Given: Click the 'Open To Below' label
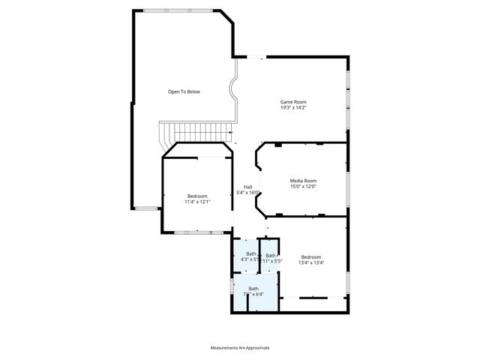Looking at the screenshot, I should (x=184, y=91).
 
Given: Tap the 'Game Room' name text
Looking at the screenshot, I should (x=293, y=102).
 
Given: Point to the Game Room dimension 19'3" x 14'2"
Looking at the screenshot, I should (x=293, y=108).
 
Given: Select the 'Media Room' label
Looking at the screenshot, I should (x=303, y=181).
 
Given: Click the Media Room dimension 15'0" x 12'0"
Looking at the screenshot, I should (x=303, y=187).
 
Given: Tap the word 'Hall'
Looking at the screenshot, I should (x=247, y=187).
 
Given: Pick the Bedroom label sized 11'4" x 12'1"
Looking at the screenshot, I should (x=197, y=196).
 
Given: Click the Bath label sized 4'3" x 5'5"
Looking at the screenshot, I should (x=251, y=253).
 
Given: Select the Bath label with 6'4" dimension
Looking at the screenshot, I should (x=253, y=289).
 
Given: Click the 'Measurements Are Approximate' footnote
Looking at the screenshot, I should (x=240, y=347).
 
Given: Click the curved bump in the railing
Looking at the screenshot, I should (x=235, y=91).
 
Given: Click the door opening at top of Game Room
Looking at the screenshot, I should (x=255, y=55).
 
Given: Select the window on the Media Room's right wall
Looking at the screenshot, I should (x=348, y=187).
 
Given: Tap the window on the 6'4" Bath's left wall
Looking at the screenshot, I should (x=231, y=287).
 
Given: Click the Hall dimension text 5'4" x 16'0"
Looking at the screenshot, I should (x=248, y=193).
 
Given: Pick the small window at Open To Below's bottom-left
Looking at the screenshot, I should (x=147, y=208).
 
